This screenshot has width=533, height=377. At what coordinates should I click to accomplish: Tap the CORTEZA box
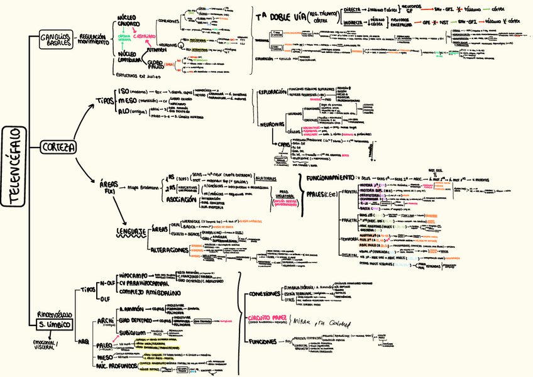point(58,147)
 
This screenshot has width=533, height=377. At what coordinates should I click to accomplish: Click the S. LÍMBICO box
point(52,324)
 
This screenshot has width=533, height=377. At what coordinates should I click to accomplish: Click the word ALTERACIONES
point(170,250)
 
